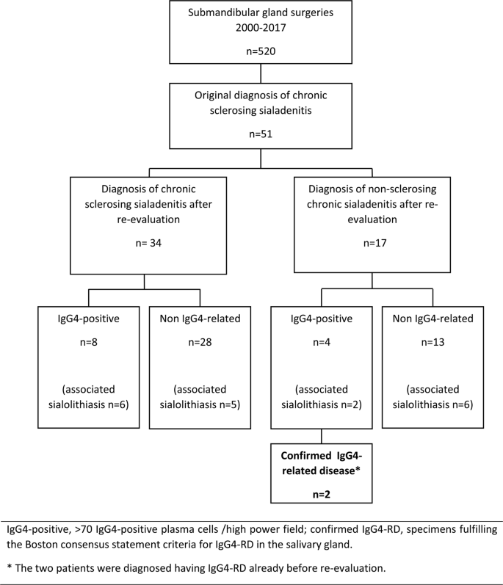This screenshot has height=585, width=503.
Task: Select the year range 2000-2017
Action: (x=252, y=29)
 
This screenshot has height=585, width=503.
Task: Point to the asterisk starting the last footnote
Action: (x=8, y=567)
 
